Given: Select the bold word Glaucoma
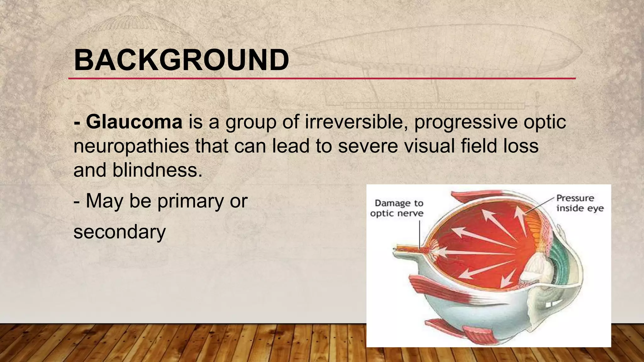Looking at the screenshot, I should [x=134, y=122].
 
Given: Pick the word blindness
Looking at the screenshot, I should [x=157, y=170].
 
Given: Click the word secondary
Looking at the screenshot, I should [x=119, y=232].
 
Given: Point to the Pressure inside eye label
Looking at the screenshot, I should [x=580, y=203].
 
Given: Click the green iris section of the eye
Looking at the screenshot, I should [x=563, y=258].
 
